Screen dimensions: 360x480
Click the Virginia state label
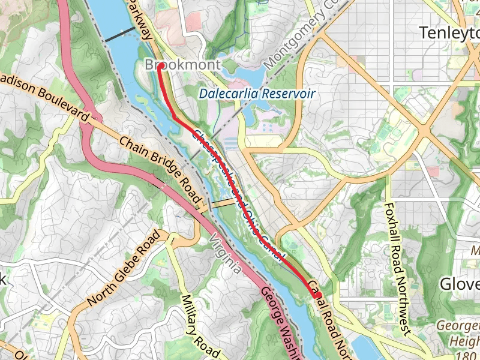pos(225,256)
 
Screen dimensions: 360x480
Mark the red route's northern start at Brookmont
pos(161,65)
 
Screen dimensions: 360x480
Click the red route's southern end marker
pos(316,293)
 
